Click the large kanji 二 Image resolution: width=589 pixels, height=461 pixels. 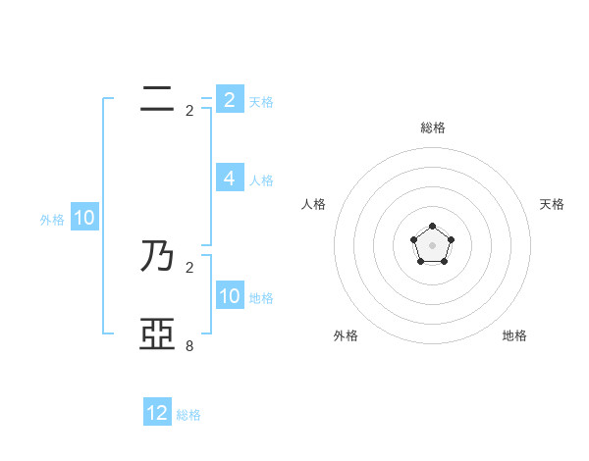pyautogui.click(x=157, y=98)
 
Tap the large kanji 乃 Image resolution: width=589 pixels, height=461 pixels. pyautogui.click(x=157, y=257)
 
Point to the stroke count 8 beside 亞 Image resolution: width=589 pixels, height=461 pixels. pyautogui.click(x=189, y=345)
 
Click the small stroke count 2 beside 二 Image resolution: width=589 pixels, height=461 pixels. pyautogui.click(x=189, y=111)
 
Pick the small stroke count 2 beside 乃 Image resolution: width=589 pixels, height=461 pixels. pyautogui.click(x=189, y=267)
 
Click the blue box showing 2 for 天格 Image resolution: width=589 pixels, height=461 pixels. pyautogui.click(x=229, y=99)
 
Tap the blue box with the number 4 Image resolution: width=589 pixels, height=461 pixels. pyautogui.click(x=229, y=179)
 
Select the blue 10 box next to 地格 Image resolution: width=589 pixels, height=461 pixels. pyautogui.click(x=229, y=296)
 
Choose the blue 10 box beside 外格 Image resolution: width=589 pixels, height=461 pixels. pyautogui.click(x=83, y=218)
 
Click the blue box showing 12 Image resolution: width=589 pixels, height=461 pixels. pyautogui.click(x=157, y=413)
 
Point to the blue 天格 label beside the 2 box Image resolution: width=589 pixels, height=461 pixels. pyautogui.click(x=261, y=101)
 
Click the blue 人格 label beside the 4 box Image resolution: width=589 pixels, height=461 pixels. pyautogui.click(x=261, y=180)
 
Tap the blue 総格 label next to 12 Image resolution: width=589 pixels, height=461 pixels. pyautogui.click(x=188, y=415)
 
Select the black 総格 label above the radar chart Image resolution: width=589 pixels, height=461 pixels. pyautogui.click(x=432, y=128)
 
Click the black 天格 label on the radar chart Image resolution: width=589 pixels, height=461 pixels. pyautogui.click(x=552, y=204)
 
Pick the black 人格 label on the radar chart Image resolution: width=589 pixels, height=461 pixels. pyautogui.click(x=314, y=204)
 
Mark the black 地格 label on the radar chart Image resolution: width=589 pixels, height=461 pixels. pyautogui.click(x=514, y=335)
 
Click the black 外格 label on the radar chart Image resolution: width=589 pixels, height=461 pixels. pyautogui.click(x=346, y=335)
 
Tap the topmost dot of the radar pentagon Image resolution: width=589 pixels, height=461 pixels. pyautogui.click(x=432, y=228)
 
